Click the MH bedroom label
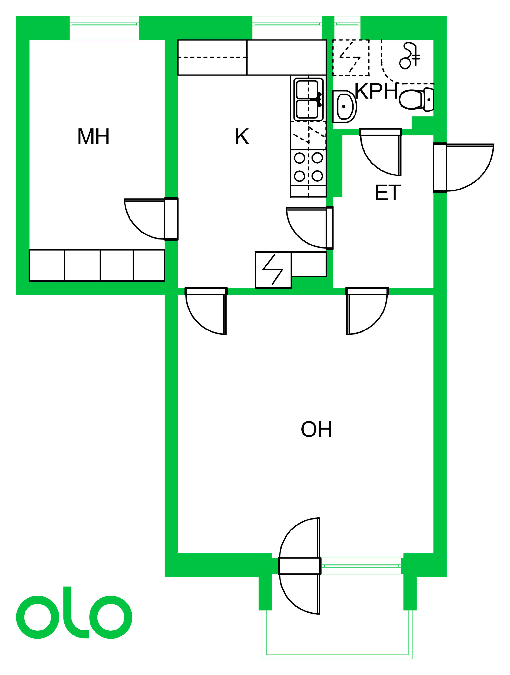coord(93,136)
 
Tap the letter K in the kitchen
coord(242,136)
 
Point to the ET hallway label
coord(387,192)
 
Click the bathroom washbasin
coord(345,106)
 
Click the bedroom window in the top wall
coord(104,28)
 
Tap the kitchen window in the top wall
coord(287,28)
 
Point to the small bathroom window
coord(347,28)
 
